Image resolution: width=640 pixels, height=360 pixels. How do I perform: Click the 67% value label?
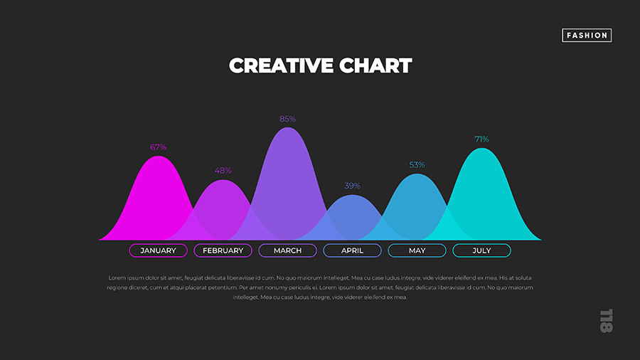(158, 147)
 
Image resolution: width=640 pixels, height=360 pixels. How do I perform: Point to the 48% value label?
(223, 171)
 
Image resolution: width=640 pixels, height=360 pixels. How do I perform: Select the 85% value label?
(287, 119)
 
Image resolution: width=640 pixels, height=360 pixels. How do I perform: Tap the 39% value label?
(352, 186)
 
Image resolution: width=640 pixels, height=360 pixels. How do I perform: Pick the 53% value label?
(417, 165)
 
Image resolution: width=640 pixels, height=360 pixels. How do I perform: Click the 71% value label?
(481, 139)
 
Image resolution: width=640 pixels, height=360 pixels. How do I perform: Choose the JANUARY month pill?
(158, 250)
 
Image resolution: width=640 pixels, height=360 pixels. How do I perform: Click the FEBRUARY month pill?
(223, 250)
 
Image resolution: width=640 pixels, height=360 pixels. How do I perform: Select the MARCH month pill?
(287, 250)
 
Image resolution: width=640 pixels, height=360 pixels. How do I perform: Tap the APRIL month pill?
(352, 250)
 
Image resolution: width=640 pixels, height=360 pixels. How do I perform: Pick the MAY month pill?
(417, 250)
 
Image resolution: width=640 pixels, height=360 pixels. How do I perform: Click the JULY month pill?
(481, 250)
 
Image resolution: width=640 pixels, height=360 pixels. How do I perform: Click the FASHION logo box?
(587, 35)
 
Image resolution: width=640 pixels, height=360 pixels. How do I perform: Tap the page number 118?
(605, 320)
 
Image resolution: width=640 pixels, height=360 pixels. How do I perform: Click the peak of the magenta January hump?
(158, 157)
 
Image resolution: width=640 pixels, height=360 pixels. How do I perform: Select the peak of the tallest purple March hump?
(287, 129)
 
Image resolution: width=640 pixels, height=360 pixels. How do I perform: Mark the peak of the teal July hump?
(481, 149)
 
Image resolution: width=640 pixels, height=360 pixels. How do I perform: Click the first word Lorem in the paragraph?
(116, 277)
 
